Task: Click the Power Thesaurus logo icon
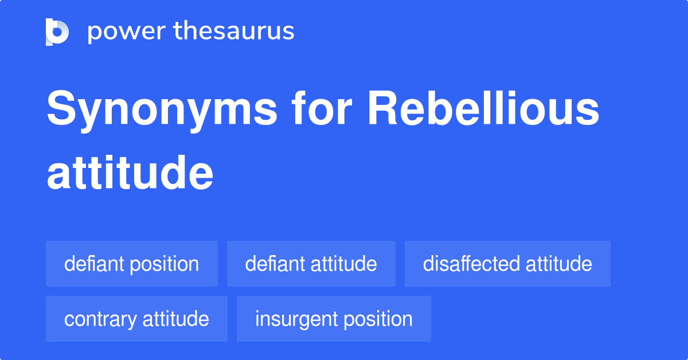point(57,32)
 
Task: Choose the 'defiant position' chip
point(132,264)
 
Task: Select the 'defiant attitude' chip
point(311,264)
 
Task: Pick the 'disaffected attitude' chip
point(507,264)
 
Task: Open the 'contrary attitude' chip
point(136,319)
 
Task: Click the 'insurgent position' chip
point(334,319)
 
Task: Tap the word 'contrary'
point(100,319)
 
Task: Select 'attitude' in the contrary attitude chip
point(175,319)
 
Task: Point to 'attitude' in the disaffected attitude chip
point(558,264)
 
